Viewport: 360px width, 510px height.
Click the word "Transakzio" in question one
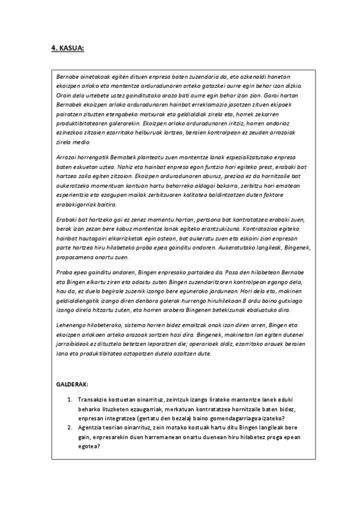tap(93, 400)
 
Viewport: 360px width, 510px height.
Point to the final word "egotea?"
tap(89, 447)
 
